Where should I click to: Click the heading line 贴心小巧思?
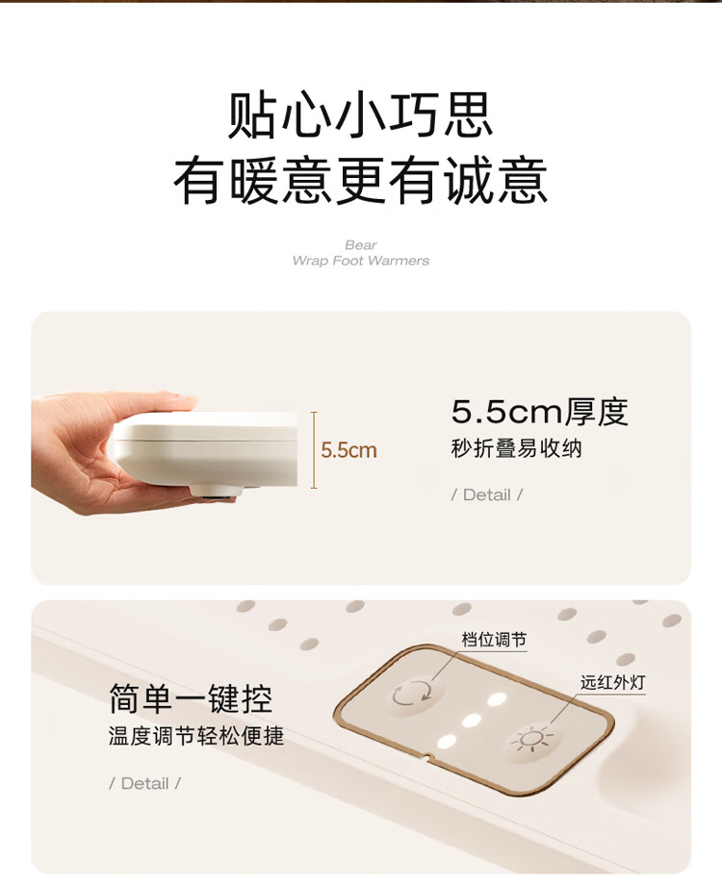360,116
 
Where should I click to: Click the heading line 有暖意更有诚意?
360,181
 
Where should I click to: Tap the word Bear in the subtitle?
361,245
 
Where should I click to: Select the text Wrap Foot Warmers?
361,261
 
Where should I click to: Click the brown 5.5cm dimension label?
348,450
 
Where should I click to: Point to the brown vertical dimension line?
314,450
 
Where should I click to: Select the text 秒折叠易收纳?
516,448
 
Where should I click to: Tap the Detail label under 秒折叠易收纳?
486,495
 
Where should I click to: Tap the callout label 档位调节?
494,640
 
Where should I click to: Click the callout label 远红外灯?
612,682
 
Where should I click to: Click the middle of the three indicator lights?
471,721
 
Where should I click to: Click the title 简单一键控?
191,698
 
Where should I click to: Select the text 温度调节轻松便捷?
196,737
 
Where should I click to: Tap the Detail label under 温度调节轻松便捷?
145,783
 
